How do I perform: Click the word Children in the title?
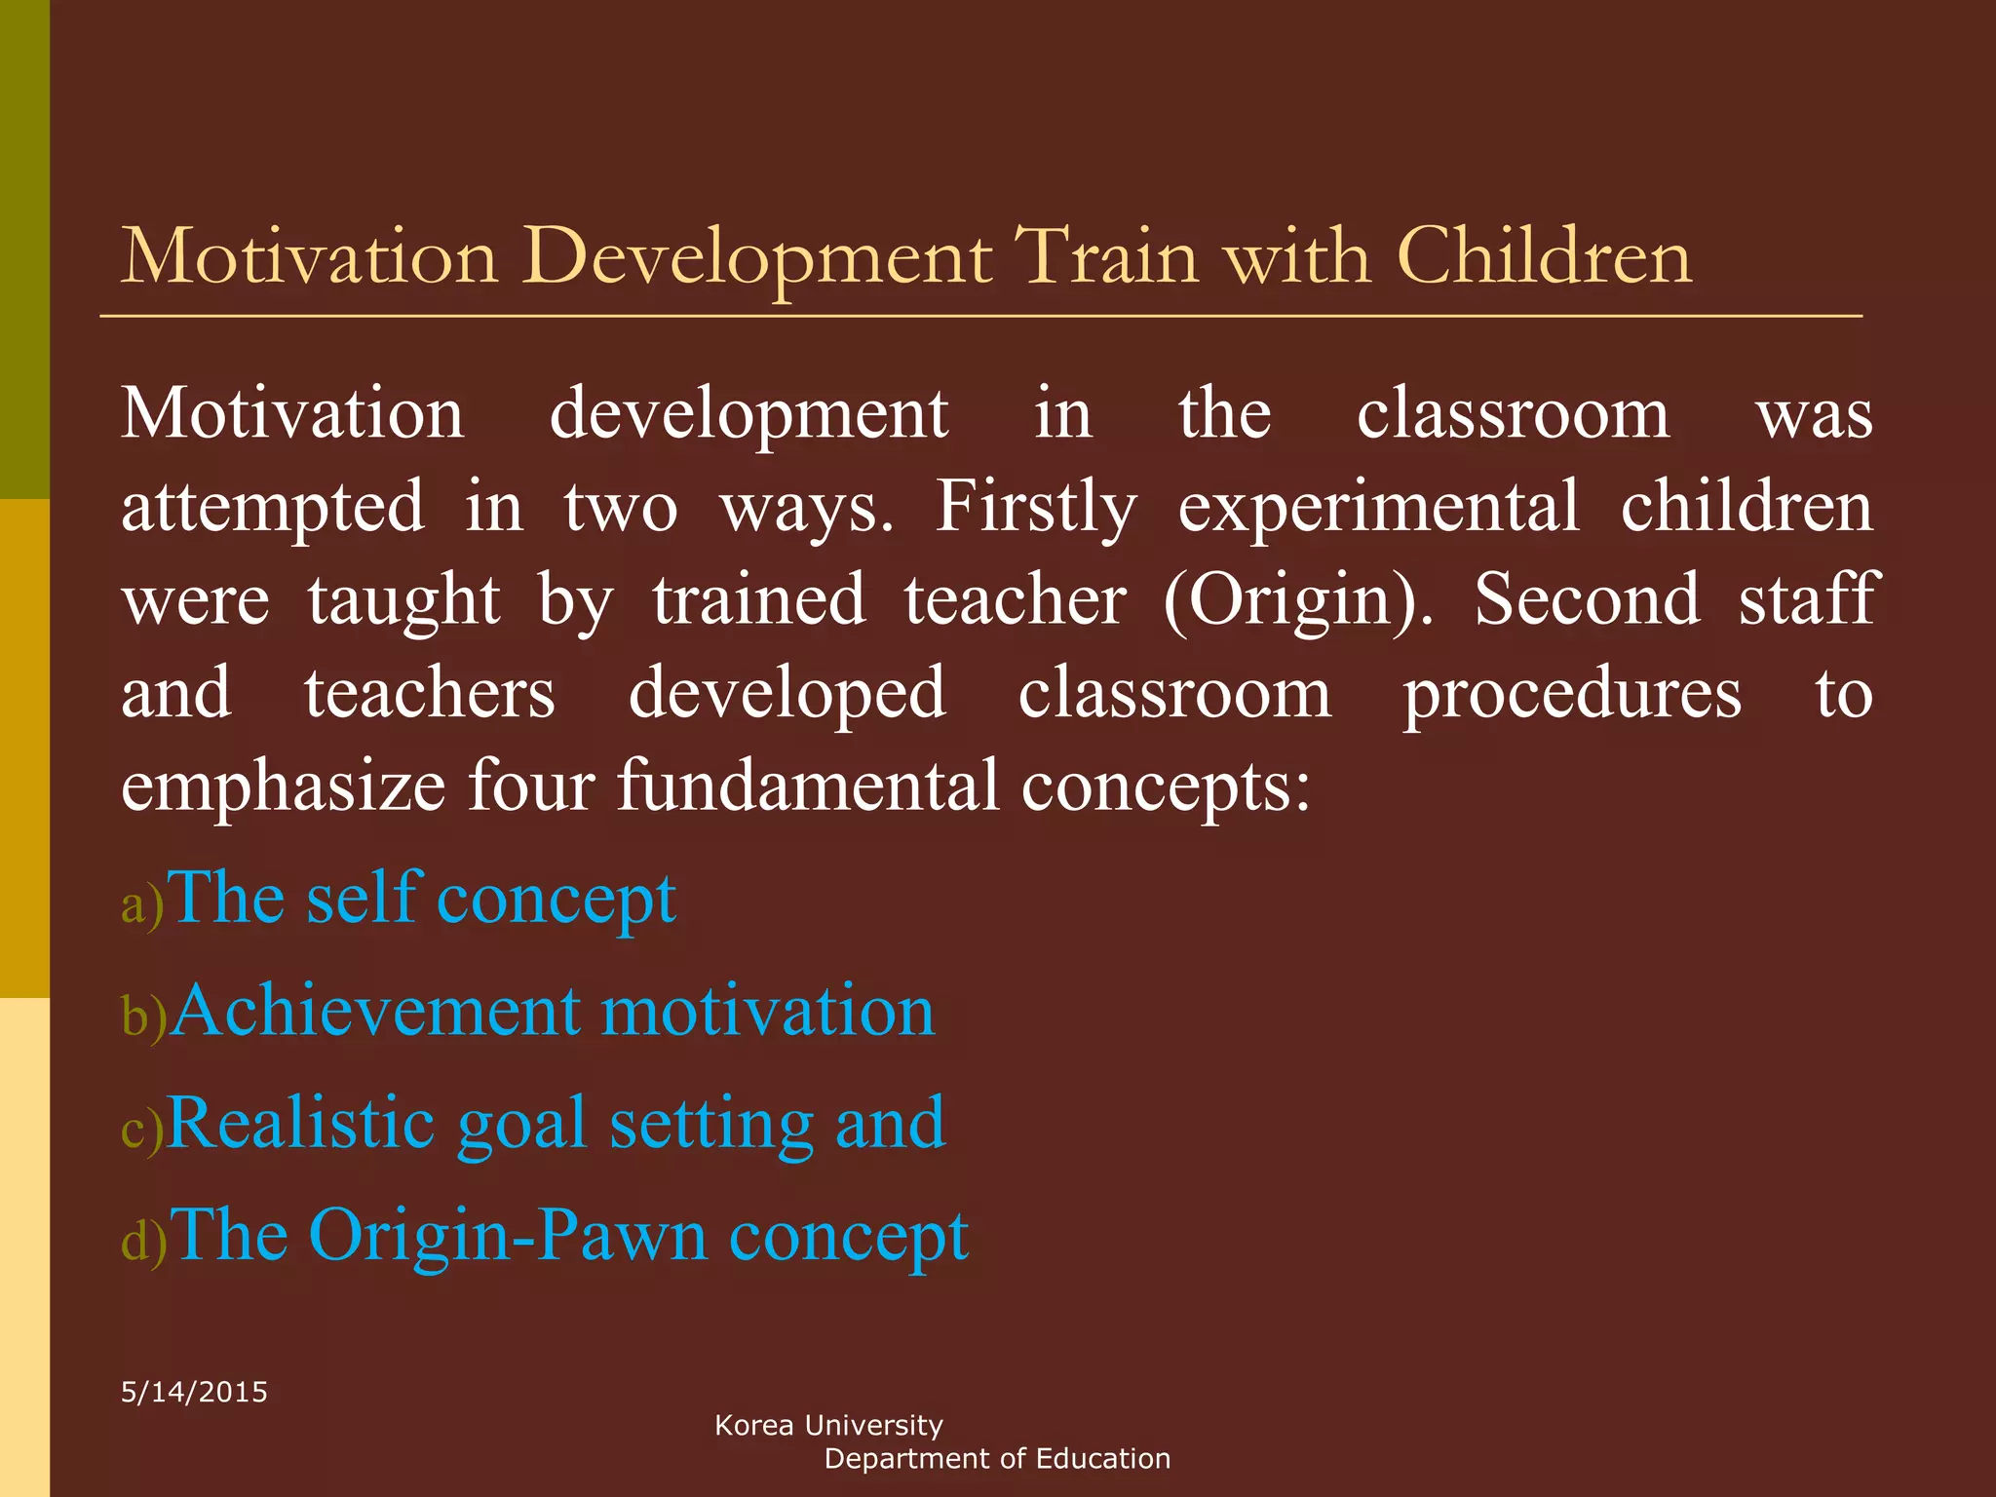1544,257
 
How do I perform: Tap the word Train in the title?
1105,257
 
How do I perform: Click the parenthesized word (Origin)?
1297,600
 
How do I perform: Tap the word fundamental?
808,786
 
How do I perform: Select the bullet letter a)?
141,905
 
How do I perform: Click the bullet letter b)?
143,1017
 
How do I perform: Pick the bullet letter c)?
141,1130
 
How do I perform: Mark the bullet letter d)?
143,1242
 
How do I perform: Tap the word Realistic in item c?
300,1123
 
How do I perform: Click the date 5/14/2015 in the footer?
194,1392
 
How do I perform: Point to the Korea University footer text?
828,1425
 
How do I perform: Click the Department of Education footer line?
996,1459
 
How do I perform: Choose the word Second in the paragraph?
1587,600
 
